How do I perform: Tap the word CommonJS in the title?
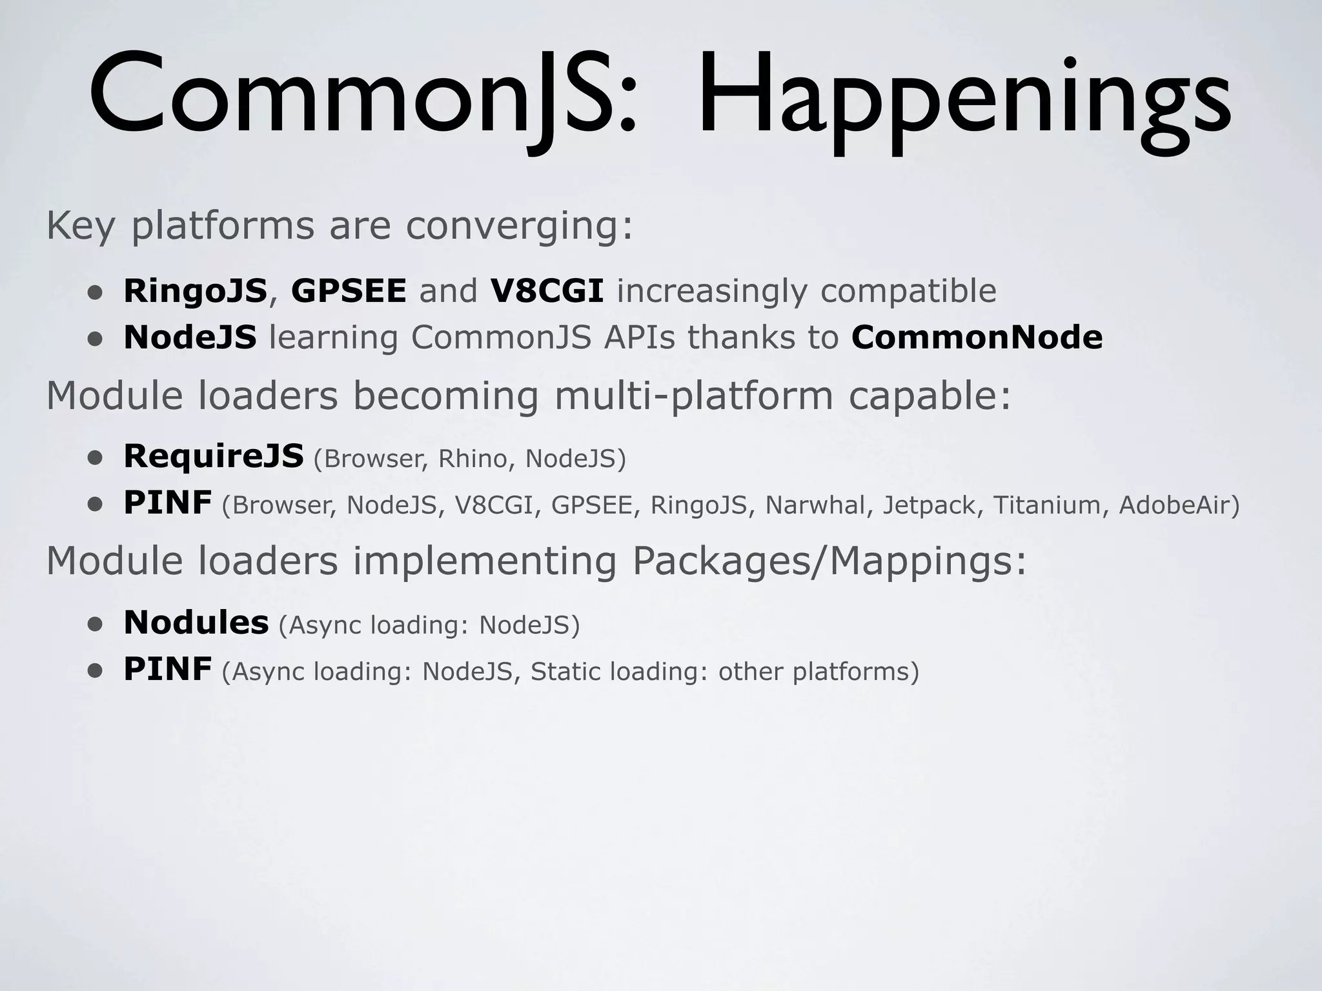361,97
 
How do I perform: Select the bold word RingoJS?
195,291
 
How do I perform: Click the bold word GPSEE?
349,291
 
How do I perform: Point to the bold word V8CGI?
547,291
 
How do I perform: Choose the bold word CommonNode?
977,337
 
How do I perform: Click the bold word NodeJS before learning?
190,337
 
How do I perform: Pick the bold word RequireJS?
214,456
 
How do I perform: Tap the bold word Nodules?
196,623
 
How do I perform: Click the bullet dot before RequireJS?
96,458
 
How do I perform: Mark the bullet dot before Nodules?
96,625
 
